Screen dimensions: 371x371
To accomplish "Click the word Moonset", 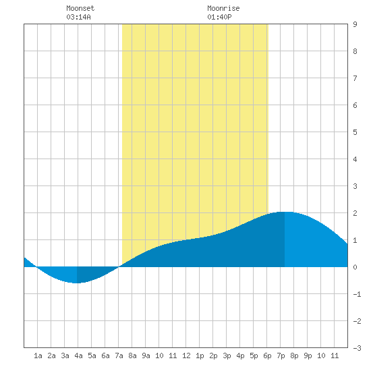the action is pyautogui.click(x=80, y=8).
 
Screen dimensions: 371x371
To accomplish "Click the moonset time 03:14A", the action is pyautogui.click(x=78, y=17).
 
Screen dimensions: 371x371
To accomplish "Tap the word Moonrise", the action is pyautogui.click(x=223, y=8).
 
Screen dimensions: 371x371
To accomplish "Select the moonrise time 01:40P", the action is pyautogui.click(x=219, y=17).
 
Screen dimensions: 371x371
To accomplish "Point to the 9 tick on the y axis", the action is pyautogui.click(x=355, y=24).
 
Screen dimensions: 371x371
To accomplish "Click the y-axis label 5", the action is pyautogui.click(x=355, y=132).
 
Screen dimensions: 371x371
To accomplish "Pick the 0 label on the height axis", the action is pyautogui.click(x=355, y=267).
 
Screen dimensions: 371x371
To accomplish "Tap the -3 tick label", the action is pyautogui.click(x=358, y=348).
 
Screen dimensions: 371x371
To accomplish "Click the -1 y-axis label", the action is pyautogui.click(x=358, y=294).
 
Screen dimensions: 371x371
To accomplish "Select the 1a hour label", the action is pyautogui.click(x=38, y=355).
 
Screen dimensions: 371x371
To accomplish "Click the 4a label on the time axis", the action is pyautogui.click(x=78, y=355).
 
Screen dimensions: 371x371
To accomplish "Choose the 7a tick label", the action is pyautogui.click(x=119, y=355).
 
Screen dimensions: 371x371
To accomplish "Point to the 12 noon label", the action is pyautogui.click(x=186, y=355).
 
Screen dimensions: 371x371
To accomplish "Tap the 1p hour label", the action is pyautogui.click(x=200, y=355).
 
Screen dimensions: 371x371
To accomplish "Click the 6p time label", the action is pyautogui.click(x=267, y=355).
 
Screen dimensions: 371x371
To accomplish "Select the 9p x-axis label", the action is pyautogui.click(x=308, y=355).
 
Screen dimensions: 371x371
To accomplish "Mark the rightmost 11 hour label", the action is pyautogui.click(x=335, y=355).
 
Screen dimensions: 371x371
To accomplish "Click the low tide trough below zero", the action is pyautogui.click(x=77, y=283).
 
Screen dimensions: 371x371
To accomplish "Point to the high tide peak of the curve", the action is pyautogui.click(x=285, y=212).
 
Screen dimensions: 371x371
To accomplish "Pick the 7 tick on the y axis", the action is pyautogui.click(x=355, y=78).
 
